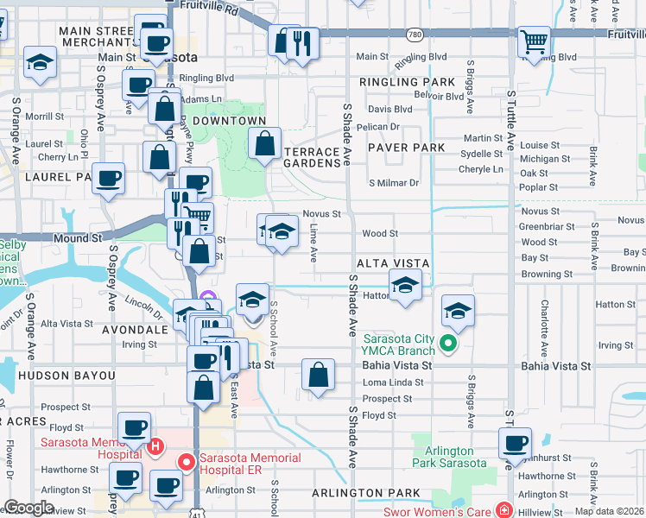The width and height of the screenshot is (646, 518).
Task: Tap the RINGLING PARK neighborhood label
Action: coord(410,83)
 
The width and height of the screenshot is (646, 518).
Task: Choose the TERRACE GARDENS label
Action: coord(312,156)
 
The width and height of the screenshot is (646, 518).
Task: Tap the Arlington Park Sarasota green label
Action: coord(449,457)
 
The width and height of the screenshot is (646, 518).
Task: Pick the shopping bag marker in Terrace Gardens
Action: coord(265,142)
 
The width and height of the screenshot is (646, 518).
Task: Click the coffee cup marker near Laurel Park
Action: coord(108,178)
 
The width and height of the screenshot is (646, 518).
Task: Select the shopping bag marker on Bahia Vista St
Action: coord(319,374)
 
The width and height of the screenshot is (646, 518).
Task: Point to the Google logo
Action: coord(29,508)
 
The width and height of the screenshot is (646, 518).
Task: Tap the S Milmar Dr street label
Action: coord(393,183)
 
